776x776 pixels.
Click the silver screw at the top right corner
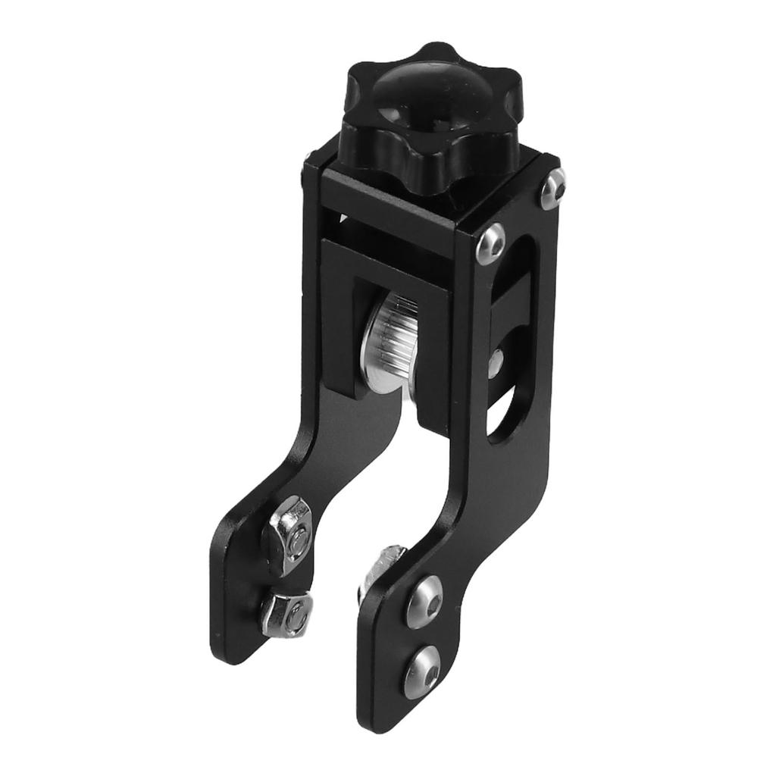pos(552,187)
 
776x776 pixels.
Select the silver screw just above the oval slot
pos(491,242)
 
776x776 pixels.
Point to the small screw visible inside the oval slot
pos(496,362)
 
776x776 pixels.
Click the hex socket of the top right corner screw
pos(553,187)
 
